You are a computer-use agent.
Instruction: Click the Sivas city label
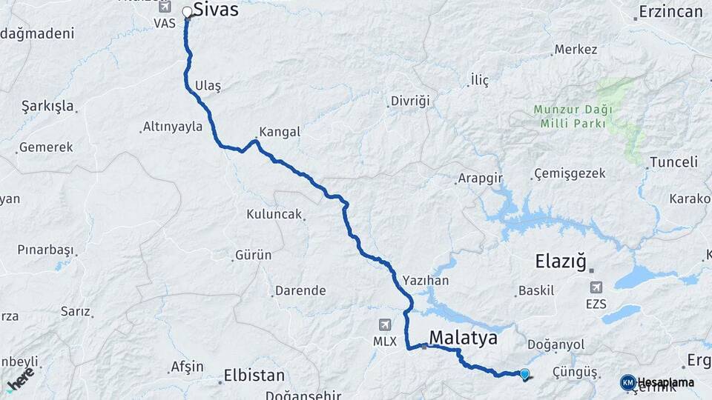tap(216, 10)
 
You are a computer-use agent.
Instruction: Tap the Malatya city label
tap(464, 338)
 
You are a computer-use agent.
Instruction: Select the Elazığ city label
tap(561, 261)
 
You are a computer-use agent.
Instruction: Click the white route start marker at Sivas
tap(188, 12)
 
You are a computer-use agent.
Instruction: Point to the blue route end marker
tap(525, 374)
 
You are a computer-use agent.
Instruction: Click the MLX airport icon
tap(384, 324)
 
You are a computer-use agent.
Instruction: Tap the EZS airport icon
tap(596, 287)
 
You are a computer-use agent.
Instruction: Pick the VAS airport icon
tap(165, 7)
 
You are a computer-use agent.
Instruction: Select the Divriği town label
tap(410, 101)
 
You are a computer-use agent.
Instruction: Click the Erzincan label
tap(670, 12)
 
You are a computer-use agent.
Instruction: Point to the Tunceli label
tap(673, 162)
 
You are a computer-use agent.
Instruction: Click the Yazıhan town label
tap(426, 281)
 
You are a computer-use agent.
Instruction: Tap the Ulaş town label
tap(208, 86)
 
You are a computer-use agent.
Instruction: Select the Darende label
tap(300, 290)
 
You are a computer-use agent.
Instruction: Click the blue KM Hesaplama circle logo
tap(628, 382)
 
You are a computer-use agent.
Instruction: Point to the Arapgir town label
tap(481, 179)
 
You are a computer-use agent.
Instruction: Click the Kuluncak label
tap(274, 215)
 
